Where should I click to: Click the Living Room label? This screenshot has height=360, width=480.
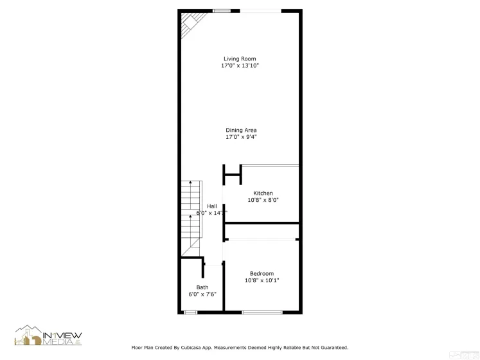[240, 59]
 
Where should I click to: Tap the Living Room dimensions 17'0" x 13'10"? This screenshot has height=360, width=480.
[240, 66]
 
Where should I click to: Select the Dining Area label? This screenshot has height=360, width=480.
[241, 130]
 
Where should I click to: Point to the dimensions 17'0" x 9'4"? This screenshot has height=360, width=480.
[241, 137]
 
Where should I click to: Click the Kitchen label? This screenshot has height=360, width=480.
[263, 194]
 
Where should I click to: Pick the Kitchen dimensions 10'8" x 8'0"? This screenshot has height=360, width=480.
[263, 200]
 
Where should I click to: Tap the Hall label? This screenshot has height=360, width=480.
[211, 206]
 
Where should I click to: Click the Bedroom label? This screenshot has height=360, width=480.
[262, 274]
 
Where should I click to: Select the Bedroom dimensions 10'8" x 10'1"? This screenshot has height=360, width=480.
[262, 280]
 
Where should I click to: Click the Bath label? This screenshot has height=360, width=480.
[202, 287]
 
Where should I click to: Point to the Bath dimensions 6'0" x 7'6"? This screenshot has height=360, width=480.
[202, 294]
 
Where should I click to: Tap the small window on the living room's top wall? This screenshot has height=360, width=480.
[222, 11]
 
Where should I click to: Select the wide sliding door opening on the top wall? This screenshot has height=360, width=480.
[260, 11]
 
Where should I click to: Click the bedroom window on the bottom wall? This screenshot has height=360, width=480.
[262, 312]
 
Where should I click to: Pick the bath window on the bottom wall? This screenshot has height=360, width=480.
[190, 312]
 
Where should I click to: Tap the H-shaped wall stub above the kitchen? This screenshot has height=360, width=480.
[231, 174]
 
